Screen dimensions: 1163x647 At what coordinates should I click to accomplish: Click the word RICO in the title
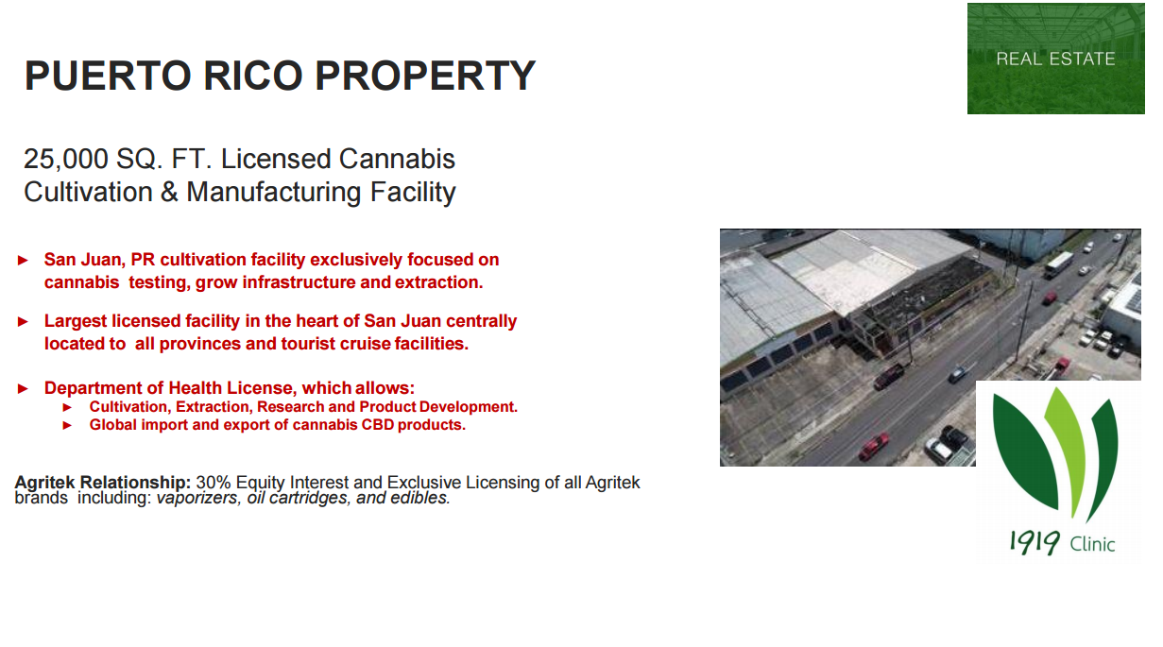pos(253,76)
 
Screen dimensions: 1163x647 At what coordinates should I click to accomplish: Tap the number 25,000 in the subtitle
pos(66,159)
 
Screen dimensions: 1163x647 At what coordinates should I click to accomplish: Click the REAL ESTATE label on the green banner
pos(1055,59)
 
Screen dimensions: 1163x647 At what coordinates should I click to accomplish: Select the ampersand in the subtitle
pos(169,192)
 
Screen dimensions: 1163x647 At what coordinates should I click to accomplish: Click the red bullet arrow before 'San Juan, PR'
pos(23,260)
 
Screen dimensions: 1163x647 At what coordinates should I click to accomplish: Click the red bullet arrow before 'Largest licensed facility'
pos(23,321)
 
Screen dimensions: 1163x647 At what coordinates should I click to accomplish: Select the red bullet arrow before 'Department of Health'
pos(23,388)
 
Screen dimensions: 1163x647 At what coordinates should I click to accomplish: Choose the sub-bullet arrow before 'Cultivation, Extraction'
pos(67,408)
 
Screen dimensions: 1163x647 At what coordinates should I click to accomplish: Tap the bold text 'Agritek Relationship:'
pos(103,483)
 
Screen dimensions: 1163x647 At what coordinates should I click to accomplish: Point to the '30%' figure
pos(213,483)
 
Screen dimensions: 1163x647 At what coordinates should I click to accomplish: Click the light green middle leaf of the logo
pos(1067,447)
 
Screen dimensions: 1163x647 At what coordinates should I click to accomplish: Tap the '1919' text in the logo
pos(1034,542)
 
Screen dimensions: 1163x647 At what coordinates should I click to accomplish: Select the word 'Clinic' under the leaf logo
pos(1092,544)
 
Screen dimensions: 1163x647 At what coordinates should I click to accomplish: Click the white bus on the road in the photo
pos(1058,264)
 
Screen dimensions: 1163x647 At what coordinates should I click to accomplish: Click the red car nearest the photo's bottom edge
pos(874,447)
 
